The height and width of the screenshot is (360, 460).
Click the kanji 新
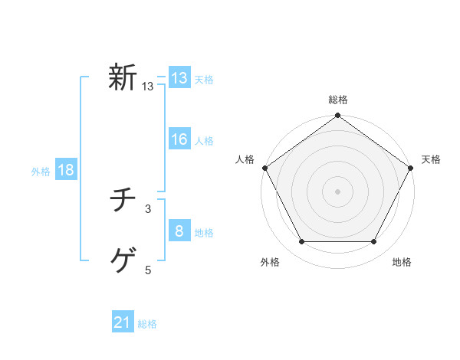click(123, 78)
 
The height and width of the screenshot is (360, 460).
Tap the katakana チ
click(123, 201)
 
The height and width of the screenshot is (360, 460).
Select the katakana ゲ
click(123, 262)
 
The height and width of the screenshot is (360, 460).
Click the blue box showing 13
click(179, 78)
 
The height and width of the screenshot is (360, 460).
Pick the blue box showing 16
click(179, 139)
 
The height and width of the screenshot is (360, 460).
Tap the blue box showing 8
click(179, 231)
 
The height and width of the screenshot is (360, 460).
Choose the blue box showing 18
click(66, 170)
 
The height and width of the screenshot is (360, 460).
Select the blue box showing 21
click(123, 323)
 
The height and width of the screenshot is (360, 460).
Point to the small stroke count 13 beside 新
click(148, 87)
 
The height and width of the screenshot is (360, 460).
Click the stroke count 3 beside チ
click(148, 208)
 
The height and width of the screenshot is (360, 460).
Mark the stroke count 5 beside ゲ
click(148, 270)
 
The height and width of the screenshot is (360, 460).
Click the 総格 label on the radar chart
click(338, 100)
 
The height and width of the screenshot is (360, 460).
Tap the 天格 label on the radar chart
click(432, 159)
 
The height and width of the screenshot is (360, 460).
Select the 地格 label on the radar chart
click(402, 262)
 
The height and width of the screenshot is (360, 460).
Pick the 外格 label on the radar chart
click(270, 262)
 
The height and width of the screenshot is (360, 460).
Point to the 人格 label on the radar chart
click(245, 159)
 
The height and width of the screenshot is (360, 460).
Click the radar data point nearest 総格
click(338, 116)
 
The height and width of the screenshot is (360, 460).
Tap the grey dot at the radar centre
click(338, 191)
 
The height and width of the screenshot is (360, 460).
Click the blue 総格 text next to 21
click(147, 324)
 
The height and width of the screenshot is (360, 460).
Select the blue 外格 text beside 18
click(41, 172)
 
